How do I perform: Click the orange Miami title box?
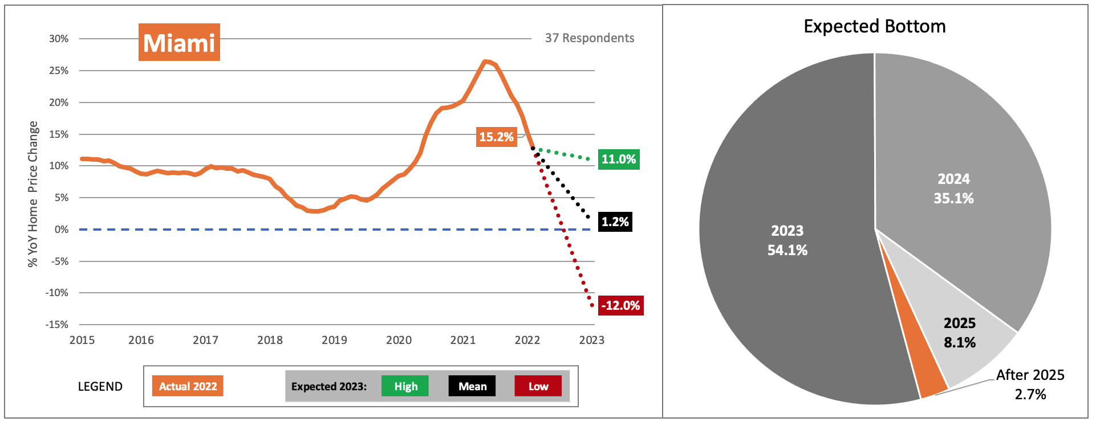(179, 43)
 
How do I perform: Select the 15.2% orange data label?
(496, 137)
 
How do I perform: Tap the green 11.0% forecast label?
(619, 159)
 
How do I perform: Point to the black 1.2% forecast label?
(615, 222)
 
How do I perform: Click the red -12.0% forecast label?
(620, 305)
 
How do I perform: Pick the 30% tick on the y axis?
(59, 39)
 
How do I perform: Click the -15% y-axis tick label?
(57, 325)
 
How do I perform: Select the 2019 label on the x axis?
(334, 340)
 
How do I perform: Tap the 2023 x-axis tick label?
(591, 340)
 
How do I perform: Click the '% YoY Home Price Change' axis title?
(33, 194)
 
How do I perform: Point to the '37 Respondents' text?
(590, 38)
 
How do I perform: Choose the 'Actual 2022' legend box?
(188, 386)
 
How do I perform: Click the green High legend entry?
(405, 386)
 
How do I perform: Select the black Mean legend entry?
(472, 386)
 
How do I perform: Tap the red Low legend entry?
(538, 386)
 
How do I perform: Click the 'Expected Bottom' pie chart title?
(875, 26)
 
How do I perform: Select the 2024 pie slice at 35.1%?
(953, 188)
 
